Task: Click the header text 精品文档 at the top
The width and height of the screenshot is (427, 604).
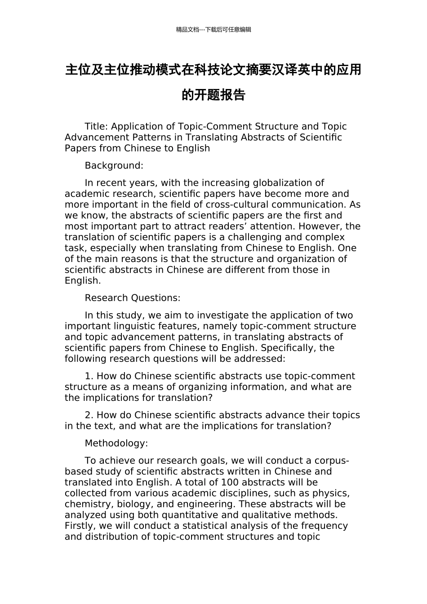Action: [x=187, y=30]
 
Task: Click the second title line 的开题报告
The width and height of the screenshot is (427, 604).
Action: [x=213, y=95]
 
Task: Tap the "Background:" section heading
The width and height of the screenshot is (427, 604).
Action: [x=114, y=165]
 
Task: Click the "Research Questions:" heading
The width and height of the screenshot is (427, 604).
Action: [x=132, y=298]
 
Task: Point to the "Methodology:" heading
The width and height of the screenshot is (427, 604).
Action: [x=116, y=443]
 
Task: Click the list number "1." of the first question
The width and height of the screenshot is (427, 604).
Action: [x=89, y=376]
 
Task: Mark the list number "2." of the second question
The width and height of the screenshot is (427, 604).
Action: [x=89, y=415]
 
